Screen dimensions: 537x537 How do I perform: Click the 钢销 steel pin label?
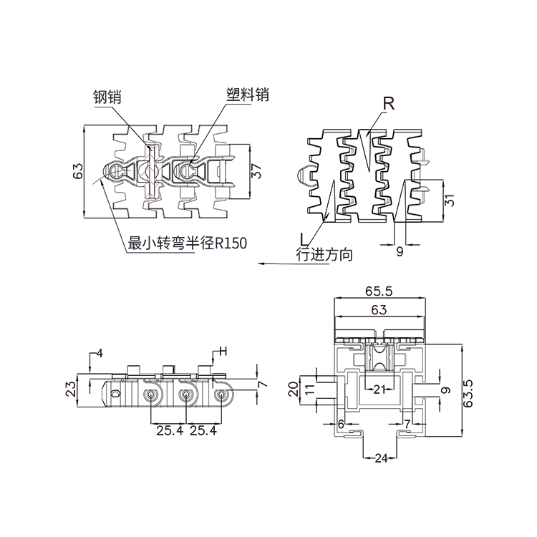pyautogui.click(x=107, y=97)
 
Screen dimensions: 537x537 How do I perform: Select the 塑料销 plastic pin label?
pyautogui.click(x=248, y=95)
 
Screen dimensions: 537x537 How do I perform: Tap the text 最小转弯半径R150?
pyautogui.click(x=187, y=243)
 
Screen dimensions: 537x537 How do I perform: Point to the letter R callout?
pyautogui.click(x=389, y=104)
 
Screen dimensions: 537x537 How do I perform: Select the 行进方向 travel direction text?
pyautogui.click(x=324, y=254)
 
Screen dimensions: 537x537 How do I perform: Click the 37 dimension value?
pyautogui.click(x=256, y=171)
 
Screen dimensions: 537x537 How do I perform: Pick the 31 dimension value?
pyautogui.click(x=450, y=200)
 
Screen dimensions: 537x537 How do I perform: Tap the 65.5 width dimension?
pyautogui.click(x=379, y=291)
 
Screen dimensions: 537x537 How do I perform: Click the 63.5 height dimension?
pyautogui.click(x=468, y=393)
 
